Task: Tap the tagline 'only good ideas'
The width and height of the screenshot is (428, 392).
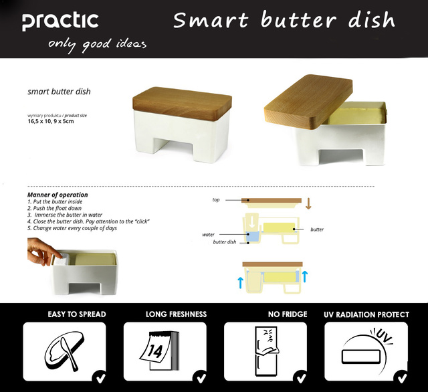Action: click(97, 45)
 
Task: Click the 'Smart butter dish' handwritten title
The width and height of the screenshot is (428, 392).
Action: click(284, 20)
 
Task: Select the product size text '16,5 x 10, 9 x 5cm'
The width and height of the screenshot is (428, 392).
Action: click(51, 121)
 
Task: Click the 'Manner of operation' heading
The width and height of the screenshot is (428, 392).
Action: click(58, 195)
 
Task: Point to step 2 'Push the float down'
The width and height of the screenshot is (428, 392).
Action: click(54, 208)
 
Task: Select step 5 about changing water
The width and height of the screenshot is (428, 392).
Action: click(72, 228)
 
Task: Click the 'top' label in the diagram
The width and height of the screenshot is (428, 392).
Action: click(216, 200)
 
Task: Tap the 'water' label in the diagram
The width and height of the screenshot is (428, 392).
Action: click(208, 235)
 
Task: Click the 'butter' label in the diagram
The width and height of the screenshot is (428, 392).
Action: click(317, 229)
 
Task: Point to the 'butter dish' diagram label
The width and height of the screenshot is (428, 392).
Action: click(225, 242)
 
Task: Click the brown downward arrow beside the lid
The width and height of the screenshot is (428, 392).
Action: click(308, 203)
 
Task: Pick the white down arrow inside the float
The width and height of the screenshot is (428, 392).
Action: click(252, 221)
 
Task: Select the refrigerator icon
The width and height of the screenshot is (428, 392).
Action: click(267, 351)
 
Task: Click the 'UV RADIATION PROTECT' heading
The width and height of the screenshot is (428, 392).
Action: click(366, 315)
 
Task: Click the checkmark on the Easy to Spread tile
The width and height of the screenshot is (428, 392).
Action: click(100, 378)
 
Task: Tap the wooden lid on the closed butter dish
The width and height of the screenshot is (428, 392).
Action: click(182, 103)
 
